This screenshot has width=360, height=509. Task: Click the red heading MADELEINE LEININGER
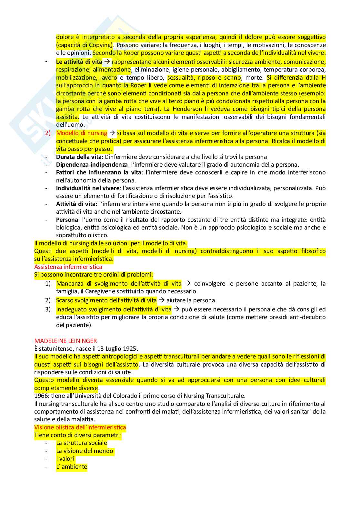point(65,341)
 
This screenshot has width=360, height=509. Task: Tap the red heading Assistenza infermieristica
point(68,267)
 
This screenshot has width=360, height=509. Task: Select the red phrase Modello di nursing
point(82,133)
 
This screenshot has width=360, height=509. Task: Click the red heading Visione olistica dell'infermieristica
point(80,427)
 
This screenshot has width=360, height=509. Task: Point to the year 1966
point(41,396)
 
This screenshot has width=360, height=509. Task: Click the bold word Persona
point(67,220)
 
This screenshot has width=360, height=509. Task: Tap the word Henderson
point(187,109)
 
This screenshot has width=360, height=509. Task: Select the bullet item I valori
point(65,458)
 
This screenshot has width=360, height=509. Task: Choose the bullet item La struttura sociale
point(82,443)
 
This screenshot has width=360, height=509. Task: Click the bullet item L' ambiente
point(72,466)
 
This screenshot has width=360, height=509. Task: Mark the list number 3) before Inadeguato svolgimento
point(48,309)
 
